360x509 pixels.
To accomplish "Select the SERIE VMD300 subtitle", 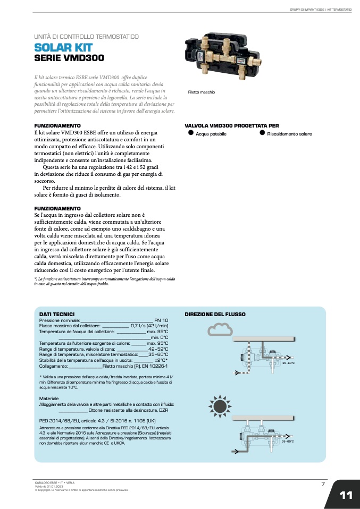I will click(69, 58).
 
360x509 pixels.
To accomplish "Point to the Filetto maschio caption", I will click(202, 92).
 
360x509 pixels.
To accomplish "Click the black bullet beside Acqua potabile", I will click(191, 133).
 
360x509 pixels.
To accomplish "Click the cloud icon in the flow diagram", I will click(220, 330).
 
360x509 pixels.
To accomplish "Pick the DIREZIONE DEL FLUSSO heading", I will click(215, 314).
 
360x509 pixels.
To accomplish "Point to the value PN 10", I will click(161, 320).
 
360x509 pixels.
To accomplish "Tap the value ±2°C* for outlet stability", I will click(161, 360).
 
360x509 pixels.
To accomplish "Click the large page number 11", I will click(346, 495).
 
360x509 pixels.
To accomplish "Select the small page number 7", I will click(323, 483).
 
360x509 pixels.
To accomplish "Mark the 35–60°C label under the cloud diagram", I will click(288, 363).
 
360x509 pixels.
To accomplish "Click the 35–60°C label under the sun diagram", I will click(287, 442).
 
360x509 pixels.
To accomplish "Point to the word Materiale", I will click(49, 398).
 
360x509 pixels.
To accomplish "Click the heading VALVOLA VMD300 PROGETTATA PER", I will click(231, 125).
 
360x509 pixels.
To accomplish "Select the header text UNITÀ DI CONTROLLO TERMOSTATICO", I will click(86, 37).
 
